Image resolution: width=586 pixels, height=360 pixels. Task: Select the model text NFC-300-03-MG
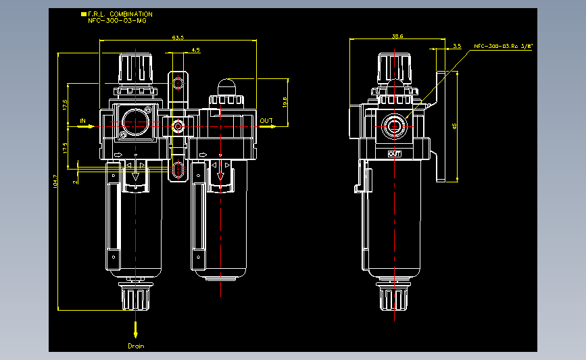click(x=117, y=21)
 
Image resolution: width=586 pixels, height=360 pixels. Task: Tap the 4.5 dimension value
click(x=195, y=50)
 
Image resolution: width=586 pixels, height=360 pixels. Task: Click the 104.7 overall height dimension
click(x=55, y=180)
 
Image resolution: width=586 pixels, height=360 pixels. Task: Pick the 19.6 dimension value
click(x=285, y=102)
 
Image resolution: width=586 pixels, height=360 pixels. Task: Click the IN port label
click(x=84, y=122)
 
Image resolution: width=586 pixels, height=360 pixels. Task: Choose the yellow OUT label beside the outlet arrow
click(x=266, y=122)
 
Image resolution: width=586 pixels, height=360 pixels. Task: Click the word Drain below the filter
click(x=136, y=346)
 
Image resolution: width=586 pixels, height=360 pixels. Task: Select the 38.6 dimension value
click(x=397, y=36)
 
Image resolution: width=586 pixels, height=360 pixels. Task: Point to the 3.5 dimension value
click(x=457, y=46)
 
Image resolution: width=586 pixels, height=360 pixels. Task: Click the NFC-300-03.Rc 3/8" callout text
click(x=504, y=46)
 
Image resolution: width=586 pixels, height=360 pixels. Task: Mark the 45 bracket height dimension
click(x=454, y=126)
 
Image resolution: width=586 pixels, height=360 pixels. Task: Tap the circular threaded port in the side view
click(x=393, y=125)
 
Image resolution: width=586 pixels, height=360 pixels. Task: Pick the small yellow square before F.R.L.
click(x=83, y=14)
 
